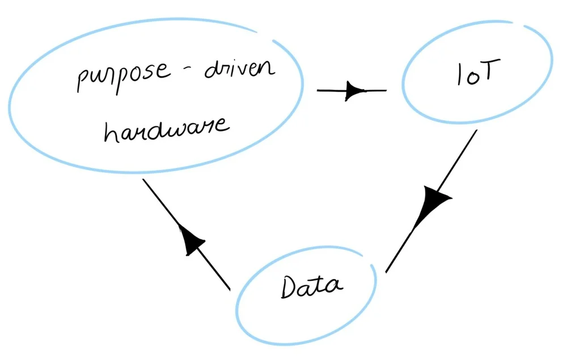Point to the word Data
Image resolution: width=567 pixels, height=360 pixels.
pyautogui.click(x=311, y=287)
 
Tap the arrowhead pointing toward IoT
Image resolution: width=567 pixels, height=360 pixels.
pyautogui.click(x=352, y=90)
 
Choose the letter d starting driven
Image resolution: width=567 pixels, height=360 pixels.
pyautogui.click(x=213, y=70)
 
